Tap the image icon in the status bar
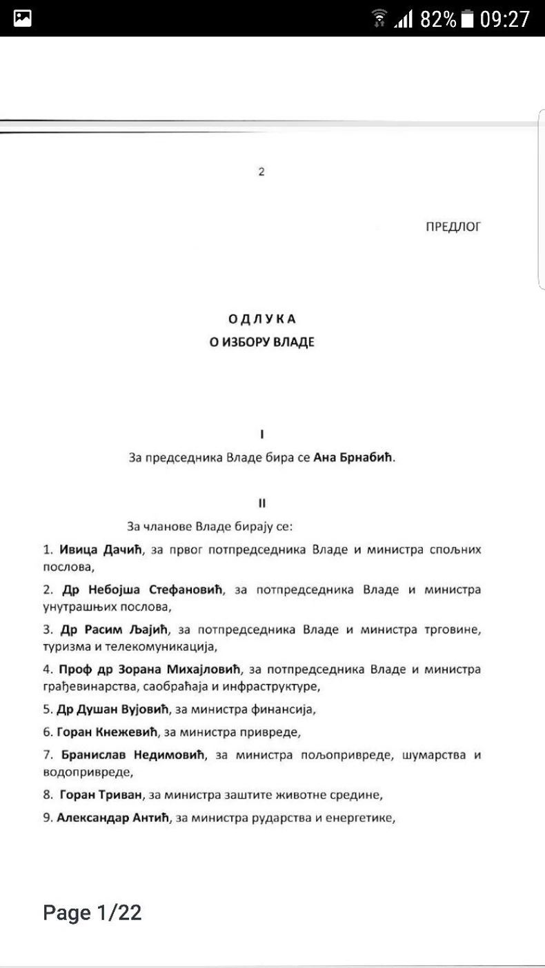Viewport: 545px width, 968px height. [x=23, y=19]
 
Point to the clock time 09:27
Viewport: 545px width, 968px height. [x=505, y=19]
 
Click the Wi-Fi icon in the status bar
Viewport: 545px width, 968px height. [x=379, y=19]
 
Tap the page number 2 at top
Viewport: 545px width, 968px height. [x=261, y=172]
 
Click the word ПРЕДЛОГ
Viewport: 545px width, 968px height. [x=453, y=226]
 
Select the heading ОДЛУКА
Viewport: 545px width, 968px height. [x=262, y=319]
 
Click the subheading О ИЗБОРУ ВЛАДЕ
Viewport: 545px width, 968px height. [x=262, y=342]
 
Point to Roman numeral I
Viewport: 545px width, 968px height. [x=262, y=434]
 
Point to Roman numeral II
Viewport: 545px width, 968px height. [x=262, y=503]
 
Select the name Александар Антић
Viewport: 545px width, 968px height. [x=114, y=818]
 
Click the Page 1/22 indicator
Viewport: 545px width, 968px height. [x=92, y=913]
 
